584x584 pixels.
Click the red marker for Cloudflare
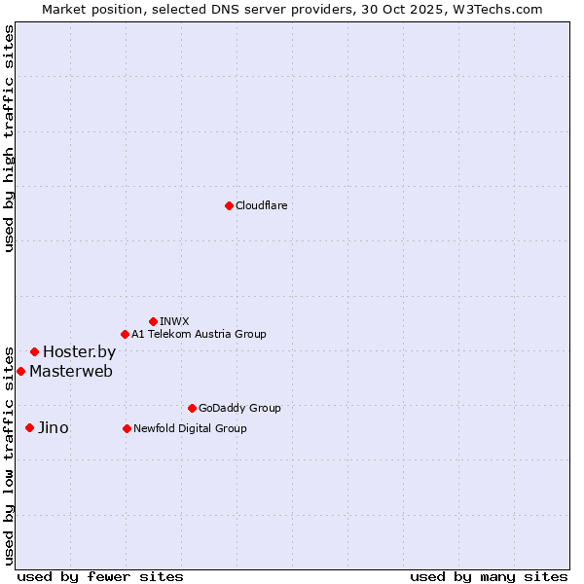click(229, 205)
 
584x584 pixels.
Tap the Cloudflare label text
click(261, 205)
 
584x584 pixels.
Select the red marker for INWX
click(153, 321)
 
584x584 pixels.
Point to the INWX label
click(174, 321)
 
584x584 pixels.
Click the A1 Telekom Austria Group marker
click(125, 334)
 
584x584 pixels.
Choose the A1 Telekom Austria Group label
click(199, 334)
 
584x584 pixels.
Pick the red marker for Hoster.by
click(34, 351)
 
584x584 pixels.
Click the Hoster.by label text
click(79, 352)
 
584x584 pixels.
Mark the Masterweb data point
click(20, 371)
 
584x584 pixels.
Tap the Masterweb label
click(70, 371)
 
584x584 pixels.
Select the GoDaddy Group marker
click(192, 408)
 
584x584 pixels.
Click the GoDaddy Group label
click(238, 408)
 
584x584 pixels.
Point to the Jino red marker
click(29, 427)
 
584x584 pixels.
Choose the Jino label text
click(53, 428)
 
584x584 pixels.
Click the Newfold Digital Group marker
click(127, 428)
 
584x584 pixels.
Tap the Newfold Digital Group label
click(190, 428)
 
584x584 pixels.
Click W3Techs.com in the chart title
click(502, 9)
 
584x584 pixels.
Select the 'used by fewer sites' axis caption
click(100, 577)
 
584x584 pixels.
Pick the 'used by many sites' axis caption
click(489, 577)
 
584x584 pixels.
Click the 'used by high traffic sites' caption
click(10, 138)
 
